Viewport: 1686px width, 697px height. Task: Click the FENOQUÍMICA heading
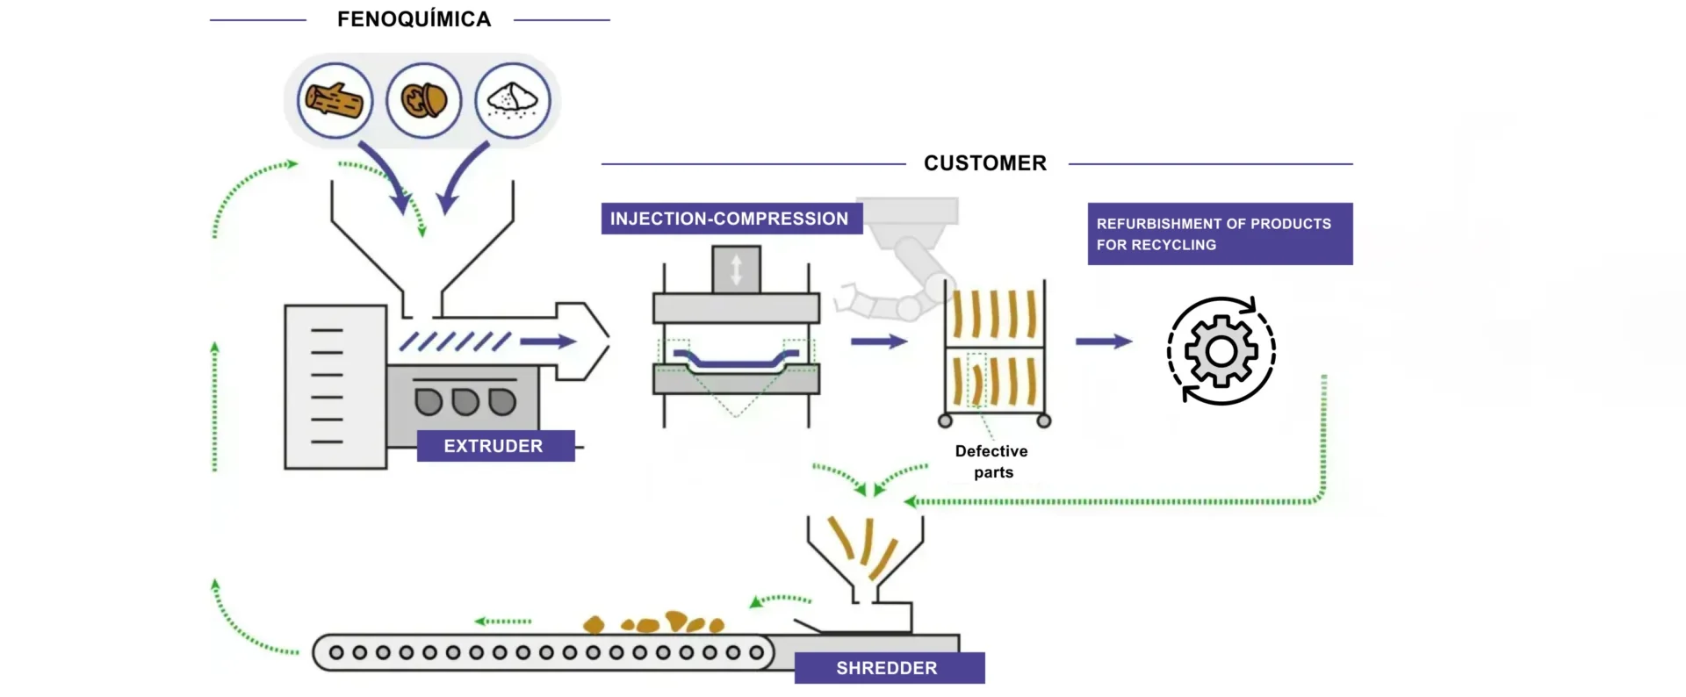(x=414, y=19)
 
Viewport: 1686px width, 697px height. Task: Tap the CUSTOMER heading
(x=984, y=163)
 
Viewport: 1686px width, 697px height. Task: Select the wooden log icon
(x=335, y=100)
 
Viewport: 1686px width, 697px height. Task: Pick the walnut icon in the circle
(x=424, y=100)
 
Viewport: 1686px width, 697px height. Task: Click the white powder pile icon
(x=513, y=100)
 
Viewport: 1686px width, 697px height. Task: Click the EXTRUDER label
(x=494, y=446)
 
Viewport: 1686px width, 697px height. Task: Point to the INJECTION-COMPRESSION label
(x=730, y=219)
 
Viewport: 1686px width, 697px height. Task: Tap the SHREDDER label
(x=888, y=668)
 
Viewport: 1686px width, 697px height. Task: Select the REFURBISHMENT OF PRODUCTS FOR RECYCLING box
(x=1219, y=234)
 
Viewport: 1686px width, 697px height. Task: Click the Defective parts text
(x=992, y=462)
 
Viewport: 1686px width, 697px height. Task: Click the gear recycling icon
(x=1221, y=351)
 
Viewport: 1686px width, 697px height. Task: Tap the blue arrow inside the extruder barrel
(x=549, y=341)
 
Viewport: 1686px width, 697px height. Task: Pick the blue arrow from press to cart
(x=878, y=341)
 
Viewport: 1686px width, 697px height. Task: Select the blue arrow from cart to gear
(x=1104, y=341)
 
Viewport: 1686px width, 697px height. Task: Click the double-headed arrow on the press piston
(x=736, y=269)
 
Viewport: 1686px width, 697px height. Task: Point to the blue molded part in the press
(x=736, y=360)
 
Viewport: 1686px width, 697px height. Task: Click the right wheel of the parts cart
(x=1044, y=420)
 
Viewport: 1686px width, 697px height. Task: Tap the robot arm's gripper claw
(x=848, y=299)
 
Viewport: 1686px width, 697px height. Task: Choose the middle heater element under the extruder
(x=465, y=402)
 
